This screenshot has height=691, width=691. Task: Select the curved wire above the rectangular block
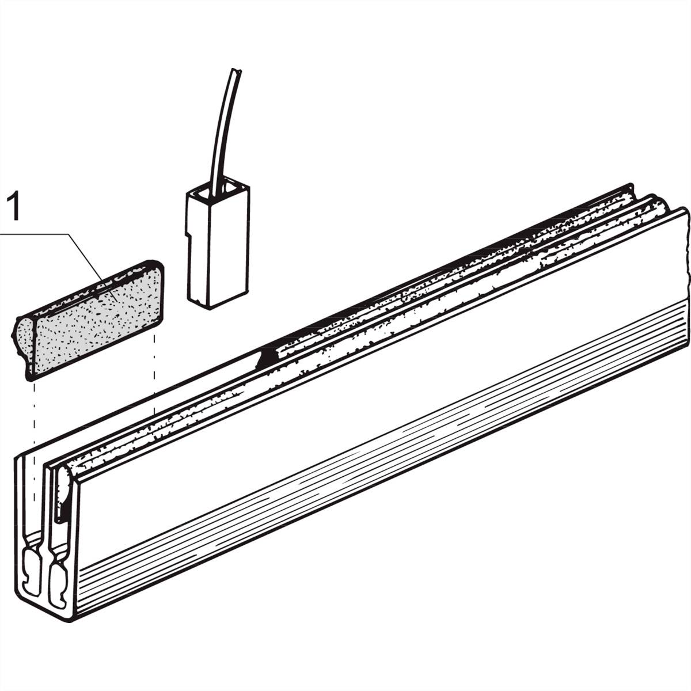coord(224,132)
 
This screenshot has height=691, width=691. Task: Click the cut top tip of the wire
coord(236,70)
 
